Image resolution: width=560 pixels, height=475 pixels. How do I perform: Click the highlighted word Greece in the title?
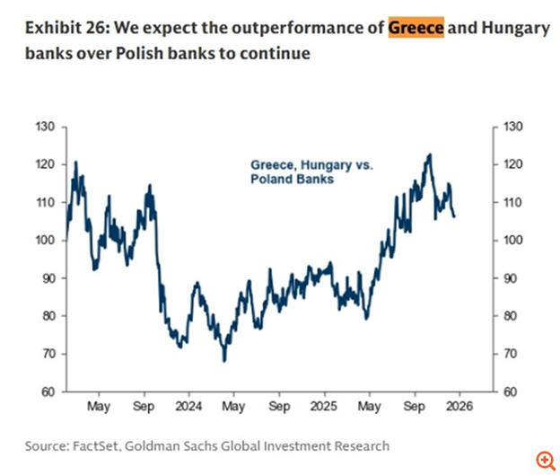pos(416,28)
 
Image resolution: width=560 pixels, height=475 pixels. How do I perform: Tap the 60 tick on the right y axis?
pos(509,391)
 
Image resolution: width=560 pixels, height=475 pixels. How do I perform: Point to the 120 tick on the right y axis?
pos(512,164)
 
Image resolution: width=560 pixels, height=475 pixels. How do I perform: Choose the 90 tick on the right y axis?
pos(509,278)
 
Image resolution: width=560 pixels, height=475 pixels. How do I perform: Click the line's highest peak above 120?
pos(430,154)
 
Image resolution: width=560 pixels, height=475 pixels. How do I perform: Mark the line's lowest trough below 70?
pos(224,360)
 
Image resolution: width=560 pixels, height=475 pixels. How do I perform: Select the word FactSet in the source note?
pos(107,445)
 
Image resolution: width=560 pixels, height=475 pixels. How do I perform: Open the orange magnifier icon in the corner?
pos(544,460)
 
